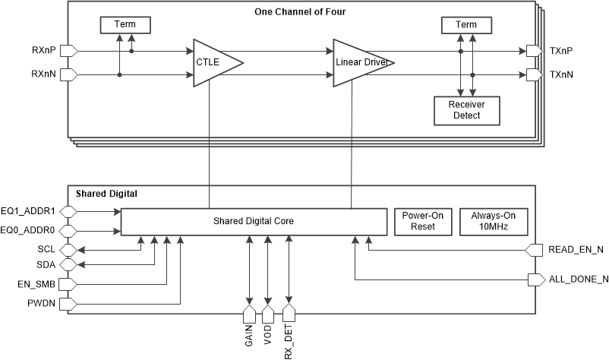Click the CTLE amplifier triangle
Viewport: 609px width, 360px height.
pos(213,63)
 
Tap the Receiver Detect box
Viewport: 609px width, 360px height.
pos(467,110)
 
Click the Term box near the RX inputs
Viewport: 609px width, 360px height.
pos(125,25)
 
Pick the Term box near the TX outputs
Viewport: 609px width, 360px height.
pos(466,25)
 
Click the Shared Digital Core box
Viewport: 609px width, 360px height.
pos(253,221)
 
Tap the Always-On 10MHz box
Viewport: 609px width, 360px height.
pos(493,221)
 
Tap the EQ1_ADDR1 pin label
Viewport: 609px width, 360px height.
pos(29,210)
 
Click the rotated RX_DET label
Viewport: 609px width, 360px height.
pos(289,341)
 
